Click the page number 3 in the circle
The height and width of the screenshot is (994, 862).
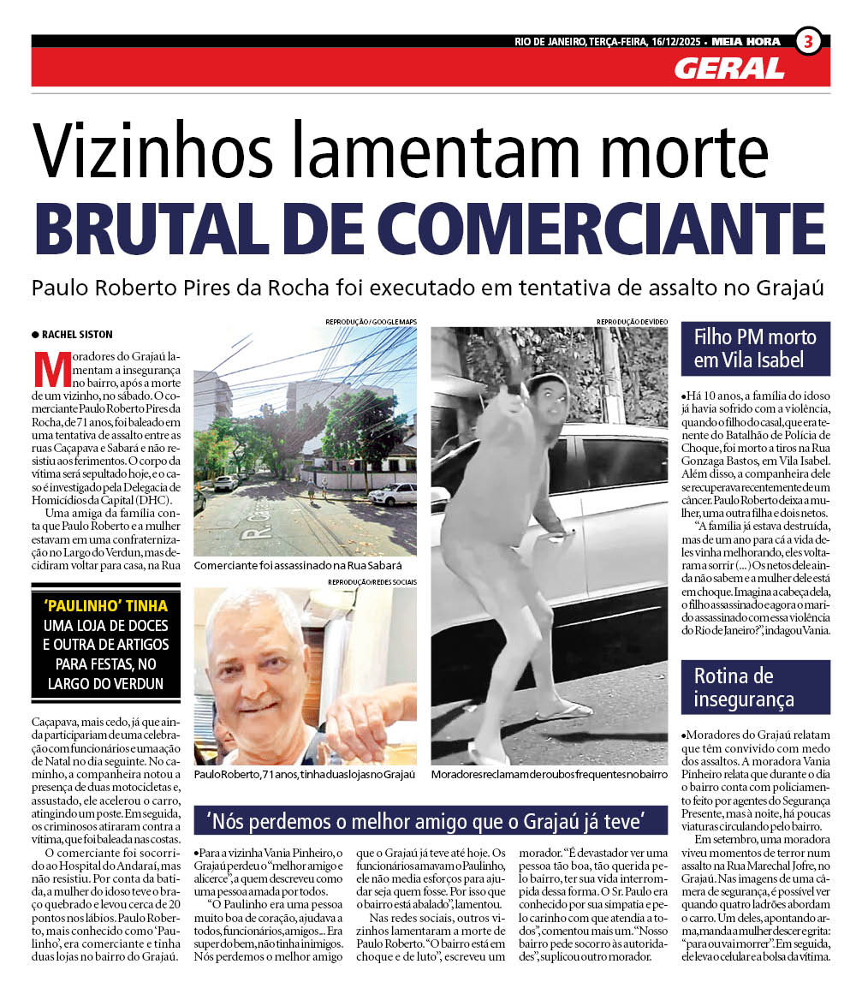[x=808, y=40]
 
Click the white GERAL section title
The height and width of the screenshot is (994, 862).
[x=728, y=68]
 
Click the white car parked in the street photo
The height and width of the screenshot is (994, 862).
[x=393, y=494]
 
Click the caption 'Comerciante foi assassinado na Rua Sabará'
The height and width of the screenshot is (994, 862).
[x=298, y=566]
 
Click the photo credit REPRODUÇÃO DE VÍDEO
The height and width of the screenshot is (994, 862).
[x=632, y=322]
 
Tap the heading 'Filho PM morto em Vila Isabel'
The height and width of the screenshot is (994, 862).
[x=755, y=348]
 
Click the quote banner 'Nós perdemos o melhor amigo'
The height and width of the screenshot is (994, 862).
[x=430, y=821]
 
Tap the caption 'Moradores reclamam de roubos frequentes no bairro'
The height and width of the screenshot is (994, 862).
[x=549, y=774]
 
